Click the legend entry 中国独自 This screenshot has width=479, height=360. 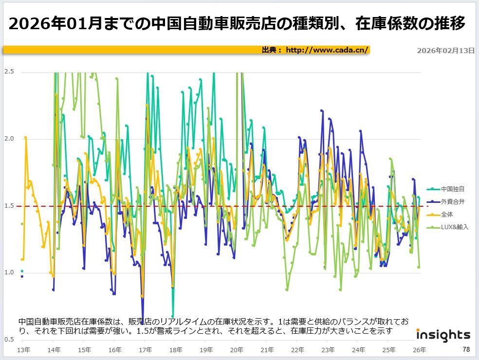452,189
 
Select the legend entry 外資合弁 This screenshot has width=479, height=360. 452,201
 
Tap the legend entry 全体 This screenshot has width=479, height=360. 446,214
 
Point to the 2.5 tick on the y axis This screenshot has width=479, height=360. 9,72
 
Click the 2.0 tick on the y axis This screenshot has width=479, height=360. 9,139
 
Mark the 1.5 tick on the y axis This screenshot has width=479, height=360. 9,206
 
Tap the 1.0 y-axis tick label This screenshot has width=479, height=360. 9,272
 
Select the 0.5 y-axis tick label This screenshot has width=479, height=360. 9,340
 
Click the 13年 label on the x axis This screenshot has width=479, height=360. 22,350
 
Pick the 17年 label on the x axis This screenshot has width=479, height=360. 145,350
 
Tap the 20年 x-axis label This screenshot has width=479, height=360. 236,350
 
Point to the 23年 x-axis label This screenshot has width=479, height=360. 328,350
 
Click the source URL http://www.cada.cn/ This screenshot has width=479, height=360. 327,50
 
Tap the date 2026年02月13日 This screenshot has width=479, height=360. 446,51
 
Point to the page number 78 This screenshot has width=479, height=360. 466,349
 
